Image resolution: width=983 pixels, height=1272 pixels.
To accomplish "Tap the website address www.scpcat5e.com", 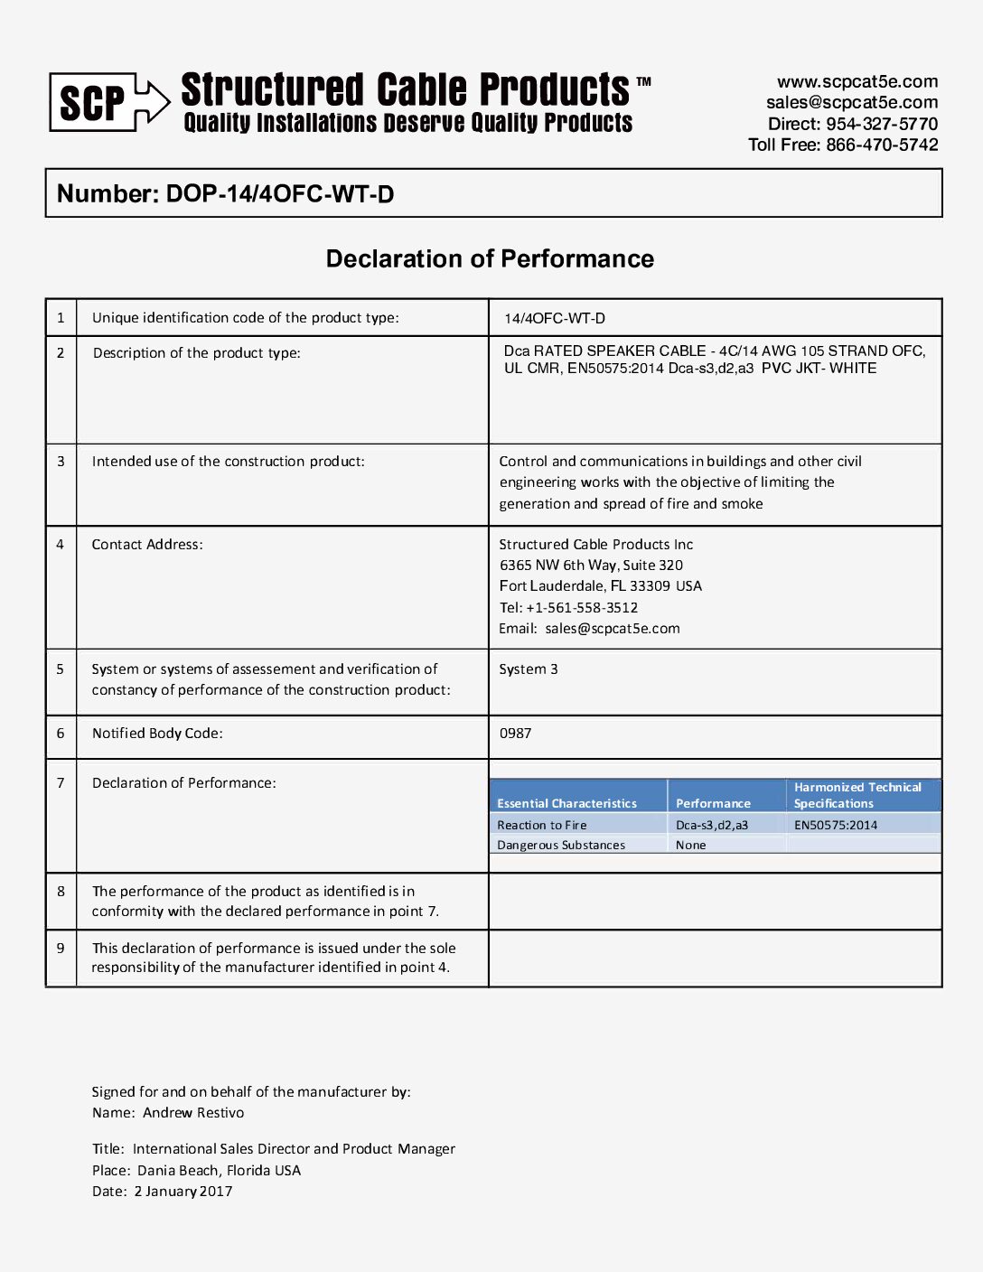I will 857,81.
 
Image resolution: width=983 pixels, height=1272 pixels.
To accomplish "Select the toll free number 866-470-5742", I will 882,145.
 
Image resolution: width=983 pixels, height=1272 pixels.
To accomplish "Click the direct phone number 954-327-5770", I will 882,124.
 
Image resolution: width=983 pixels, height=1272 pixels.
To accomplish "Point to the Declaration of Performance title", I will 490,259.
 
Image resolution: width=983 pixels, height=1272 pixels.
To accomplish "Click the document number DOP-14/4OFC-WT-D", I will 280,194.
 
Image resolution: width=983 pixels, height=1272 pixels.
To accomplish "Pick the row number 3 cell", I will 61,462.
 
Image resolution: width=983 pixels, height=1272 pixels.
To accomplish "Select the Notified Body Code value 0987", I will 515,734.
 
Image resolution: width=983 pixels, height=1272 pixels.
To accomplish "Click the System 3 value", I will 529,669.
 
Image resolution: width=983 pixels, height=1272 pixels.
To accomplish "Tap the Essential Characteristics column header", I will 566,803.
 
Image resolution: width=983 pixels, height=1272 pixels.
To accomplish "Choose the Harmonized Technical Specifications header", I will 857,795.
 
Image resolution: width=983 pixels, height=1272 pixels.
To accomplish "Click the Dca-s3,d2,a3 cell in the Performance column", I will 712,825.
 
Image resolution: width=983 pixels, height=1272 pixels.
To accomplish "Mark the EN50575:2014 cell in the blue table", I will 836,825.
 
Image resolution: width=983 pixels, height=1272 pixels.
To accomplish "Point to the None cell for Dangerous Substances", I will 691,846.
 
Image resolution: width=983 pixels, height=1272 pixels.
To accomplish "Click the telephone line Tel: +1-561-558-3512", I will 568,608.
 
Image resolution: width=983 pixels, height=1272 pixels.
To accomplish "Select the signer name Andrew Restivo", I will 193,1113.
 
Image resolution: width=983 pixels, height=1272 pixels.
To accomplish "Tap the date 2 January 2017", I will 183,1192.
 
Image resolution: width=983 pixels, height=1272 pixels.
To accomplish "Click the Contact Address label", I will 147,545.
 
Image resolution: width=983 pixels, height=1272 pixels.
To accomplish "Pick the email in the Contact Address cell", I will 613,629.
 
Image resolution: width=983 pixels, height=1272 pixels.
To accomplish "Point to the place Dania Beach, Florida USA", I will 219,1171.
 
